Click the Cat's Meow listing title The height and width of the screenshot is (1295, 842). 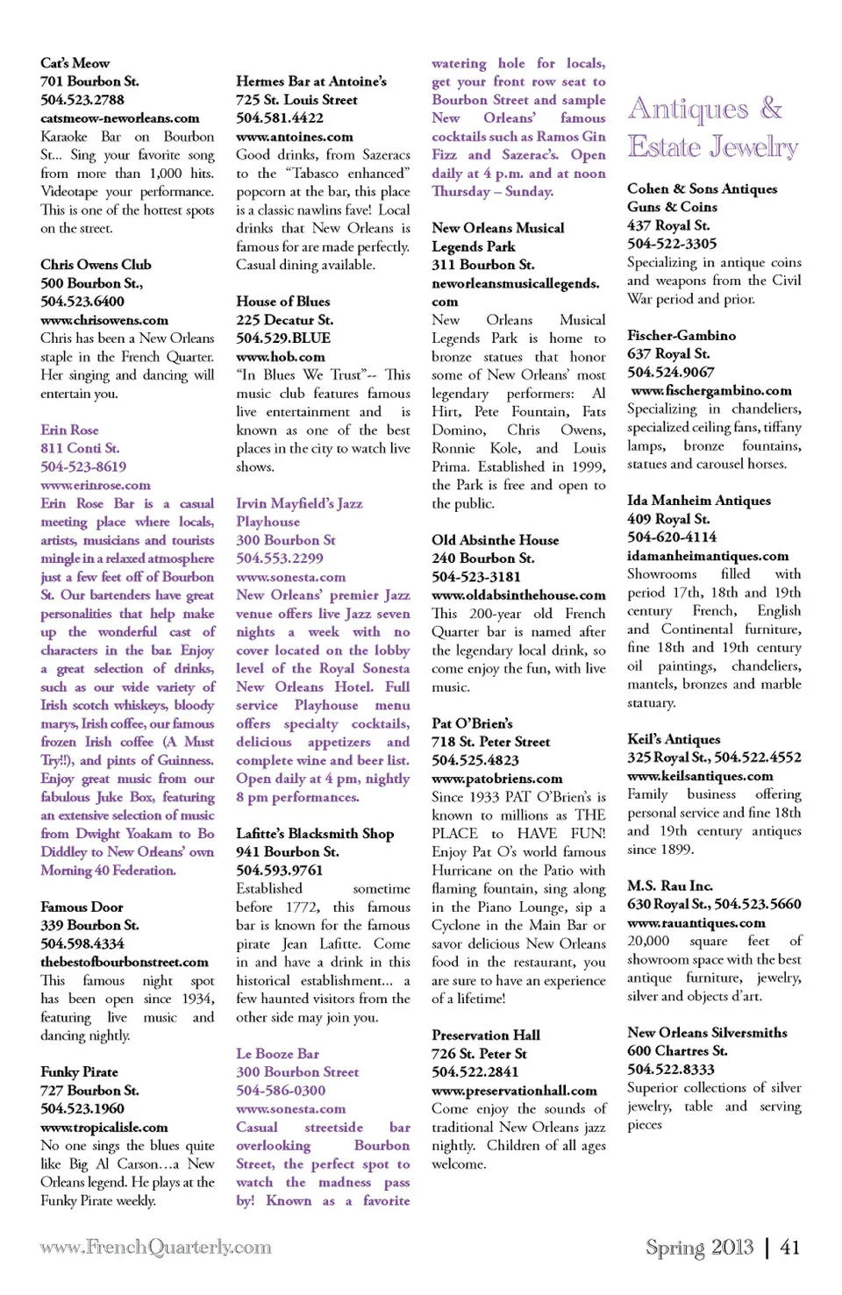pos(75,63)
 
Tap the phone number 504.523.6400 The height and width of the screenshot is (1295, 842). pos(82,302)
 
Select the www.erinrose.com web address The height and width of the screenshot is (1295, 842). pos(96,485)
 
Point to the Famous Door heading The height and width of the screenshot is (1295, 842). pos(82,907)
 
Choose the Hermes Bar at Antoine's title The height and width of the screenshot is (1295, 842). pos(311,82)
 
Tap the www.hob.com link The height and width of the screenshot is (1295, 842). pos(281,357)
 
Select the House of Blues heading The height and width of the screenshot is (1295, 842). pos(283,302)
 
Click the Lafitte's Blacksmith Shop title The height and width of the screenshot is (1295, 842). pos(315,833)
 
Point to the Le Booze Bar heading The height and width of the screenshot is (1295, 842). pos(277,1053)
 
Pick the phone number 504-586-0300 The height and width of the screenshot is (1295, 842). pos(281,1090)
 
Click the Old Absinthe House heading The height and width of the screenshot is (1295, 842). pos(495,540)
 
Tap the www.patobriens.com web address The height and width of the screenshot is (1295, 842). pos(497,779)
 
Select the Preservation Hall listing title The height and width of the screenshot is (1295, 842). pos(486,1035)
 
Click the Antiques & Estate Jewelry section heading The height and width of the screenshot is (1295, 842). pos(712,127)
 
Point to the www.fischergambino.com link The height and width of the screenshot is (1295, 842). pos(711,390)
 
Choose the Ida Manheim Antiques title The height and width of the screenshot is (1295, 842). pos(699,500)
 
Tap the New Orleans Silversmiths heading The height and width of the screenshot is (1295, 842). pos(707,1032)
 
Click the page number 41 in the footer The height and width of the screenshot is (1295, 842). pos(789,1247)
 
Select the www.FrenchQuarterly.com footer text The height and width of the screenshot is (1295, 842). pos(155,1247)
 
